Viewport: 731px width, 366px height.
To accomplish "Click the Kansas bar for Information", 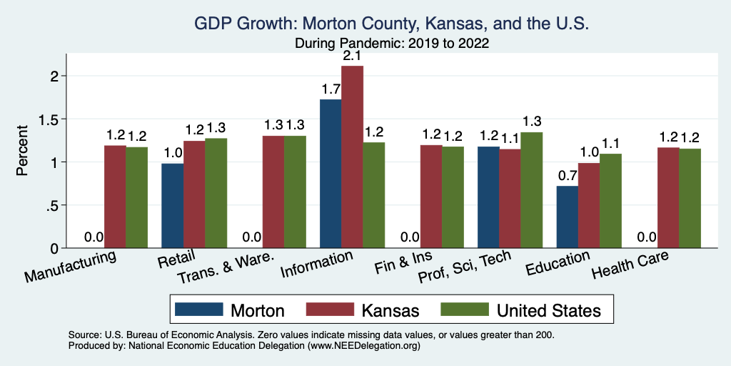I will (x=352, y=157).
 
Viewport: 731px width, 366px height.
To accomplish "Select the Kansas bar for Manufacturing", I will (x=115, y=197).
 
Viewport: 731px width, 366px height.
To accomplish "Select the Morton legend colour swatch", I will (x=197, y=310).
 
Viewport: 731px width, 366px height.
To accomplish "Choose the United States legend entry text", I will (x=549, y=310).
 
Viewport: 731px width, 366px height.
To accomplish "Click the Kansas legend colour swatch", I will (x=330, y=310).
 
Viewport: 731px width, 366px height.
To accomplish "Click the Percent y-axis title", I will (x=23, y=151).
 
